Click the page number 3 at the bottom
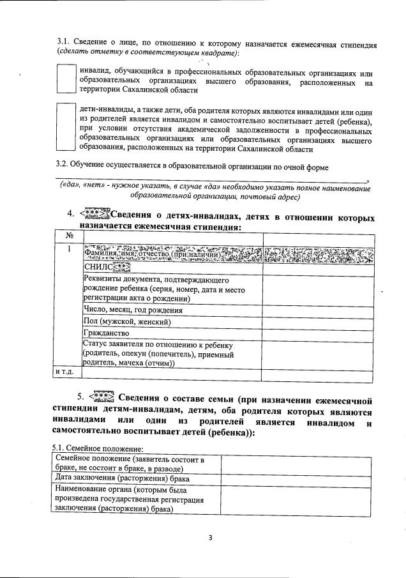pyautogui.click(x=210, y=536)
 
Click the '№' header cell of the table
pyautogui.click(x=68, y=236)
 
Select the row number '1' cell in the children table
pyautogui.click(x=68, y=248)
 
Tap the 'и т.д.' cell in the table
pyautogui.click(x=66, y=371)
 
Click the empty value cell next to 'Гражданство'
pyautogui.click(x=317, y=333)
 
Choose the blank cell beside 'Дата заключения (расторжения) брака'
pyautogui.click(x=296, y=478)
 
